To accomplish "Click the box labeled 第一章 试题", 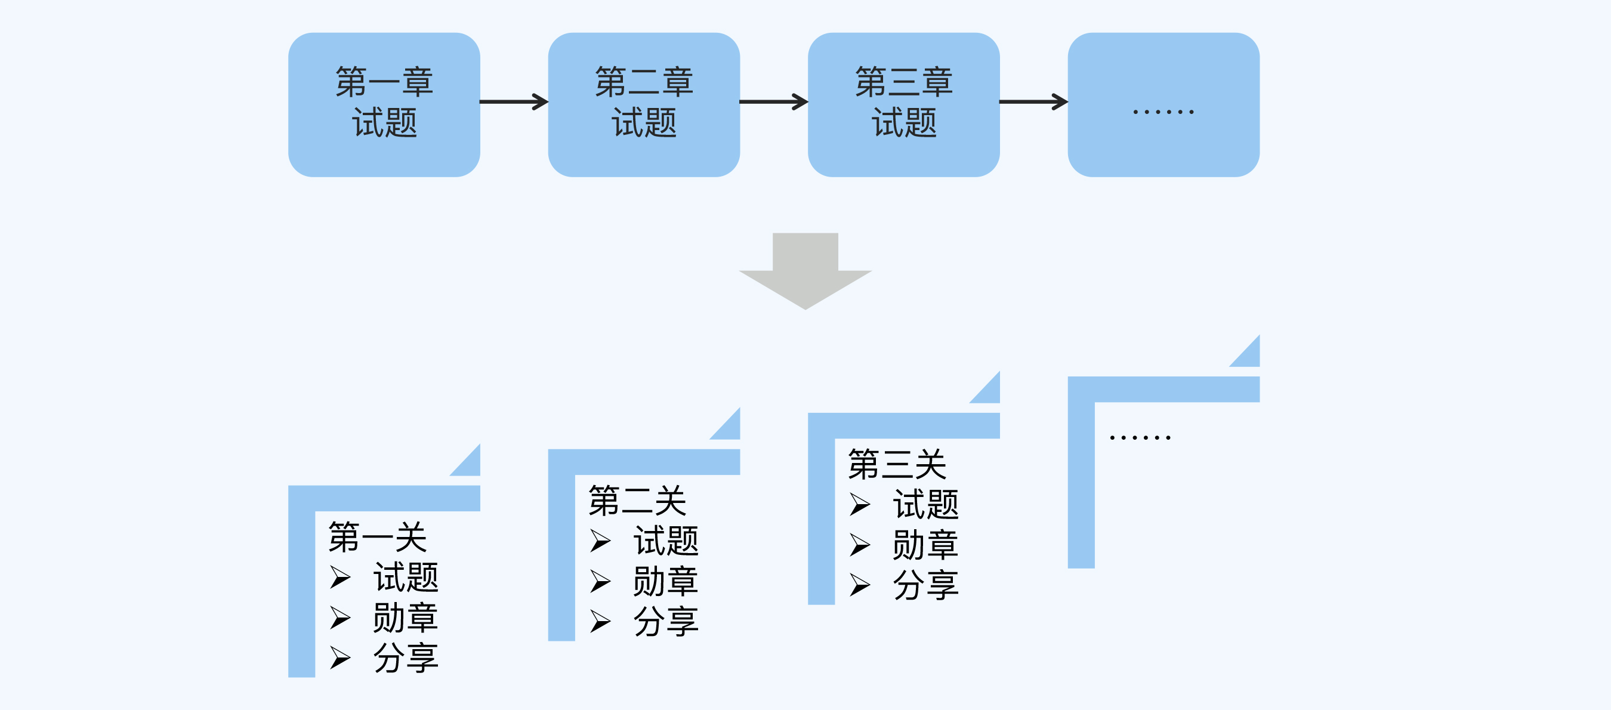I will coord(384,104).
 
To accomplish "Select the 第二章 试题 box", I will coord(644,104).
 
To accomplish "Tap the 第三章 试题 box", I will coord(903,104).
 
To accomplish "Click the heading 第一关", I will coord(377,537).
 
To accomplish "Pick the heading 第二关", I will coord(637,501).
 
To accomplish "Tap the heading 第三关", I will coord(897,464).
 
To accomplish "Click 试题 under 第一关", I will coord(406,577).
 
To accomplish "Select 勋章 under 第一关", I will coord(406,618).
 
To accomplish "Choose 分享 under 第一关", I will coord(406,658).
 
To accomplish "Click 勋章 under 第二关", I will coord(665,581).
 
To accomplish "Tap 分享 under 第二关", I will coord(665,622).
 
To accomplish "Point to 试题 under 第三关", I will coord(925,504).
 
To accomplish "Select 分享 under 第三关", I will coord(925,585).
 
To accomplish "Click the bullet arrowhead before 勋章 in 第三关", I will coord(859,545).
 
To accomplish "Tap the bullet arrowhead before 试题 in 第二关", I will coord(600,541).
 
